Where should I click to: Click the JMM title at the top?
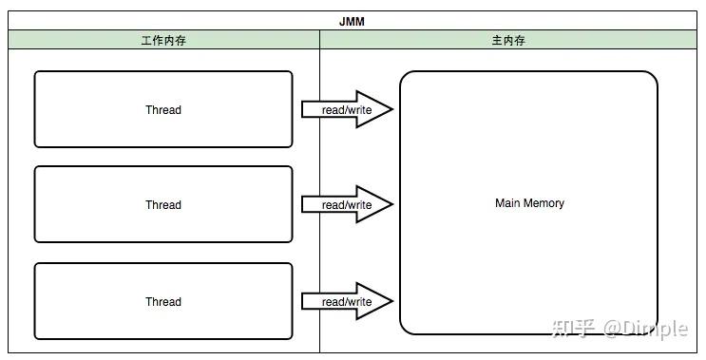click(x=353, y=20)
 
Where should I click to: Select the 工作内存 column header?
click(x=163, y=40)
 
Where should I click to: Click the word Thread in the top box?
click(x=163, y=110)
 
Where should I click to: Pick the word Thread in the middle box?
click(x=163, y=205)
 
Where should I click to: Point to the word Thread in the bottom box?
click(x=163, y=302)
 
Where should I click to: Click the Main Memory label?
click(x=529, y=203)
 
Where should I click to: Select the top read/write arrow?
click(x=347, y=110)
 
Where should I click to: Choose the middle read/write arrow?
click(x=347, y=205)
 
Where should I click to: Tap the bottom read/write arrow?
click(x=347, y=302)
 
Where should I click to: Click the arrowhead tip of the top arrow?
click(x=391, y=110)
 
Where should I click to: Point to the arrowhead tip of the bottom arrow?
click(x=391, y=302)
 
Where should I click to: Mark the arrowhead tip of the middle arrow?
click(x=391, y=205)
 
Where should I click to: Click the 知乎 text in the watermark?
click(x=572, y=329)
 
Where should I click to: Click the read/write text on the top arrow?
click(x=346, y=110)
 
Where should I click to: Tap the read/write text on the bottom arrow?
click(x=346, y=302)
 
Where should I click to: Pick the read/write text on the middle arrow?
click(x=346, y=205)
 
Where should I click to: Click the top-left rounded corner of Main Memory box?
click(x=405, y=77)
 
